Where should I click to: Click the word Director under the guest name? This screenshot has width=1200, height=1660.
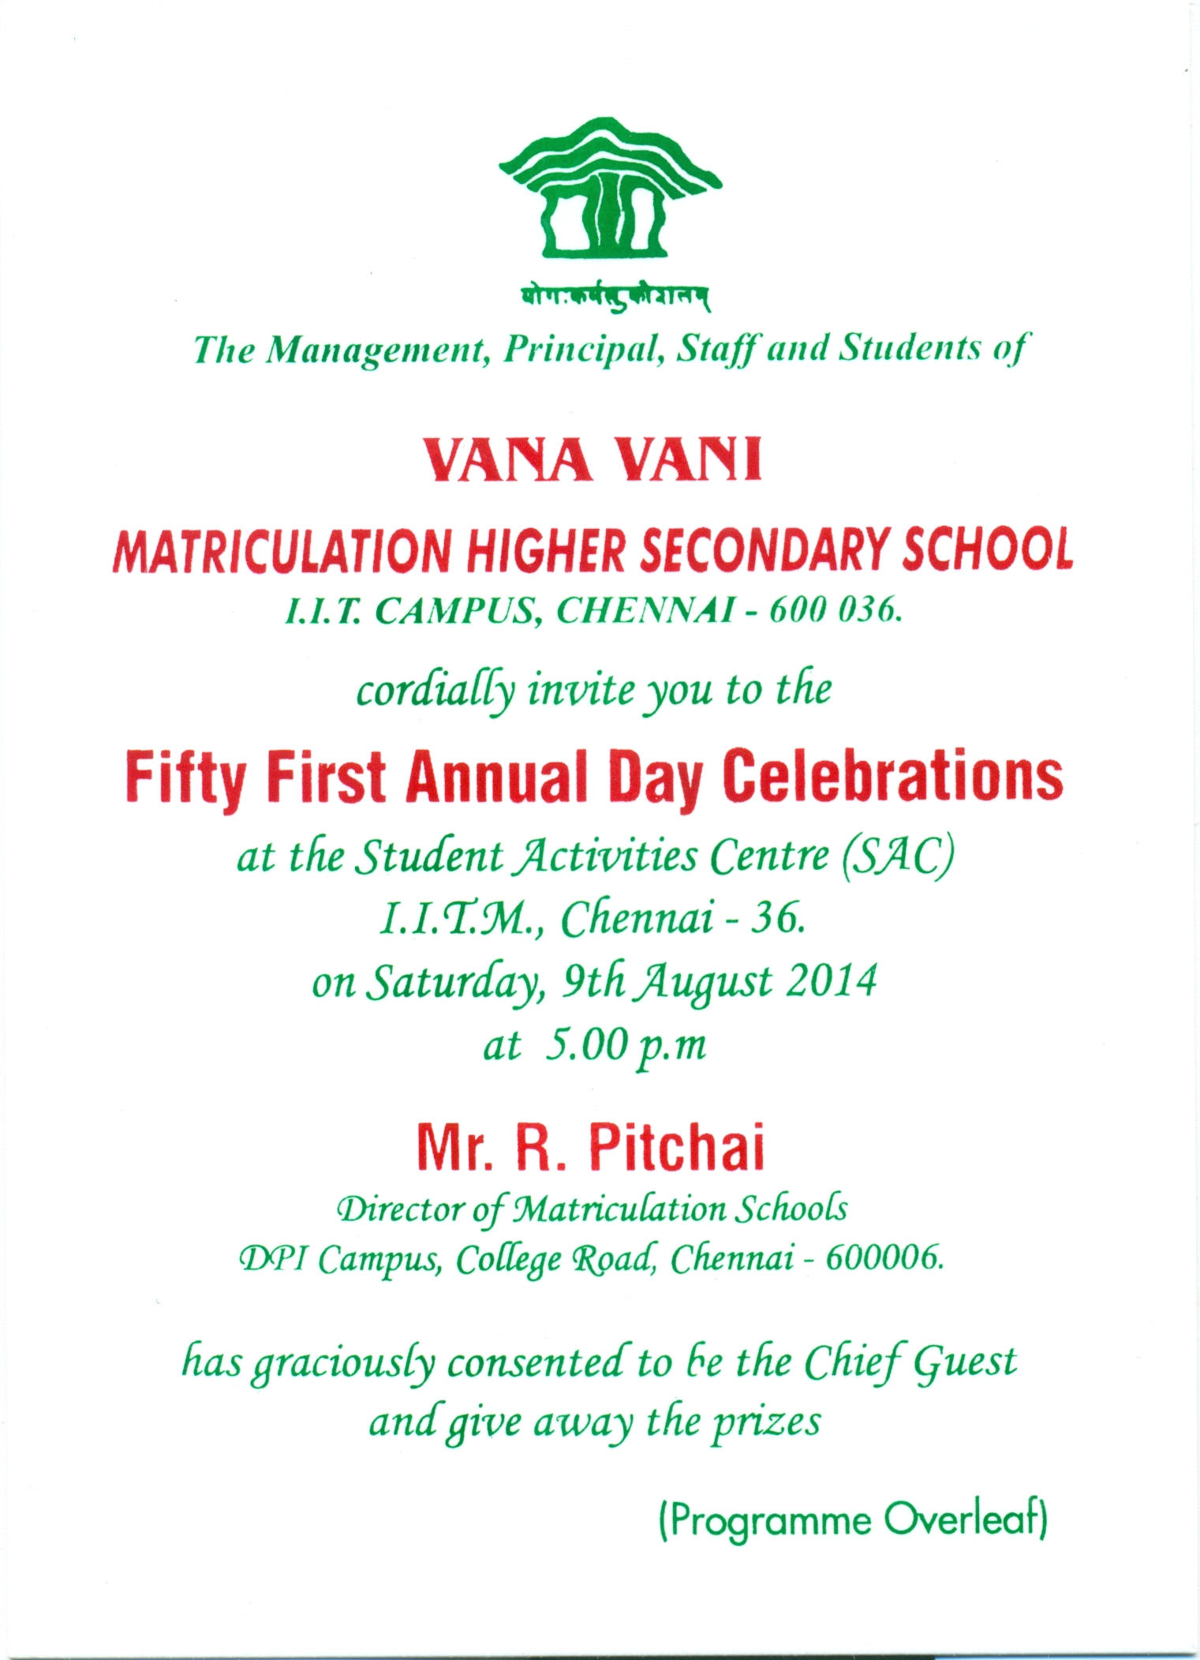click(x=400, y=1209)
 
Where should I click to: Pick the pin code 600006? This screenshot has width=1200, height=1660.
click(x=884, y=1258)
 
